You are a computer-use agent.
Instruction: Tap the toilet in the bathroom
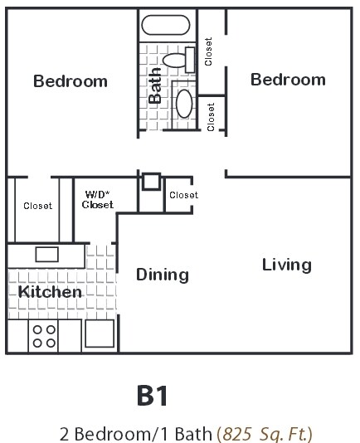click(177, 60)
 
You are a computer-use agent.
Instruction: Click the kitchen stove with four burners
click(44, 335)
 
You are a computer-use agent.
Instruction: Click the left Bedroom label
click(71, 81)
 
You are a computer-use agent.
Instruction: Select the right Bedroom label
click(288, 80)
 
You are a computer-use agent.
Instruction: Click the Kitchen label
click(51, 292)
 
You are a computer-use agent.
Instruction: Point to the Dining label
click(163, 275)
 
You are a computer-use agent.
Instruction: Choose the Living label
click(287, 265)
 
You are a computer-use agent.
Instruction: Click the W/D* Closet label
click(99, 201)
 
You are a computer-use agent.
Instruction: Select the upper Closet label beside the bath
click(209, 51)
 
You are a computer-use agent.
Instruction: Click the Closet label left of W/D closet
click(37, 206)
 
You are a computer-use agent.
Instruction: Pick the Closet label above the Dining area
click(183, 196)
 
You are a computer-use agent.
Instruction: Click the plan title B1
click(153, 396)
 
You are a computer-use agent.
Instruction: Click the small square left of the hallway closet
click(150, 182)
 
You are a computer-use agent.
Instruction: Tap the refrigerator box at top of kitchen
click(46, 254)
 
